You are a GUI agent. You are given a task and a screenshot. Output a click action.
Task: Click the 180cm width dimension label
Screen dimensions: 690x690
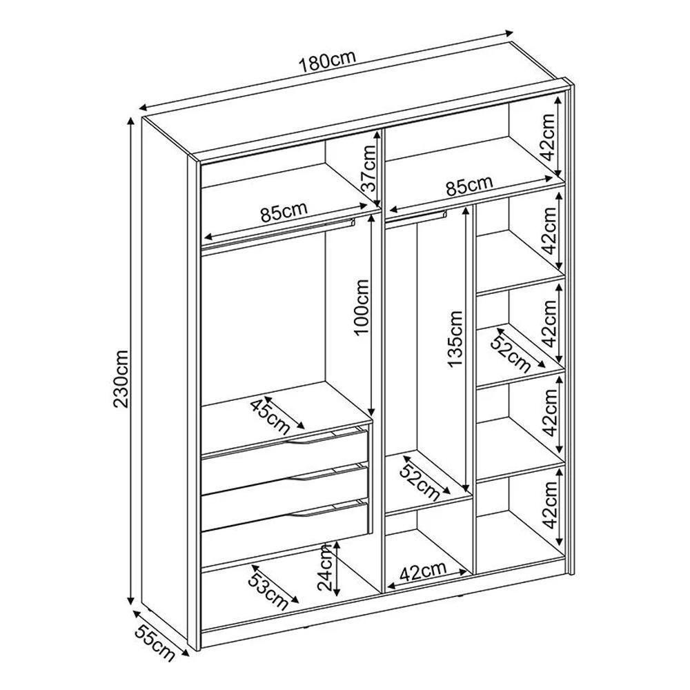click(x=326, y=62)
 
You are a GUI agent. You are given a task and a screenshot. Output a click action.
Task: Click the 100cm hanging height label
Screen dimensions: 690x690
click(x=361, y=307)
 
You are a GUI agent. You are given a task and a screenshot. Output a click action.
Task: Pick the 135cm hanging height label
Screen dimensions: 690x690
click(x=455, y=338)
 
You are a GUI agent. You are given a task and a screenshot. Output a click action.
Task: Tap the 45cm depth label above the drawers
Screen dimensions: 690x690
click(x=270, y=416)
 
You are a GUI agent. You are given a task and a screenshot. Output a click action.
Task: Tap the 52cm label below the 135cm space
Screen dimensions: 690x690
click(x=420, y=482)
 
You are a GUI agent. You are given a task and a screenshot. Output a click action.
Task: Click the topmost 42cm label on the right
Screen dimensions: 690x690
click(x=549, y=137)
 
